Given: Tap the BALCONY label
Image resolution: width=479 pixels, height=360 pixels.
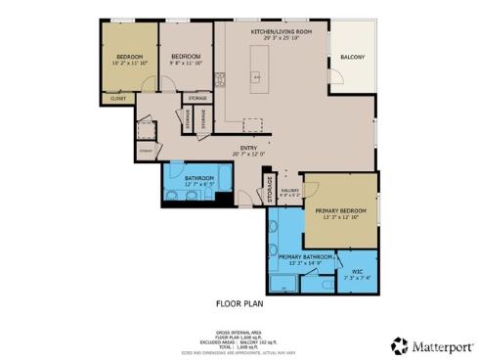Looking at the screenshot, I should [353, 58].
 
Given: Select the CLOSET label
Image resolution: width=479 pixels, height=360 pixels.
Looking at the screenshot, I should [117, 99].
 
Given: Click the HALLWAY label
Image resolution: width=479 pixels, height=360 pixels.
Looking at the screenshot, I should [289, 191].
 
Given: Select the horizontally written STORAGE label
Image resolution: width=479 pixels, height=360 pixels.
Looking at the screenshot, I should [197, 99].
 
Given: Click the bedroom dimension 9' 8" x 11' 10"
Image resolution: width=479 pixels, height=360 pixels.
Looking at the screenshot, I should [186, 63].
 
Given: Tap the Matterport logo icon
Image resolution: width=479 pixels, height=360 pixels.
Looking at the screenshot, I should [398, 345].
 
